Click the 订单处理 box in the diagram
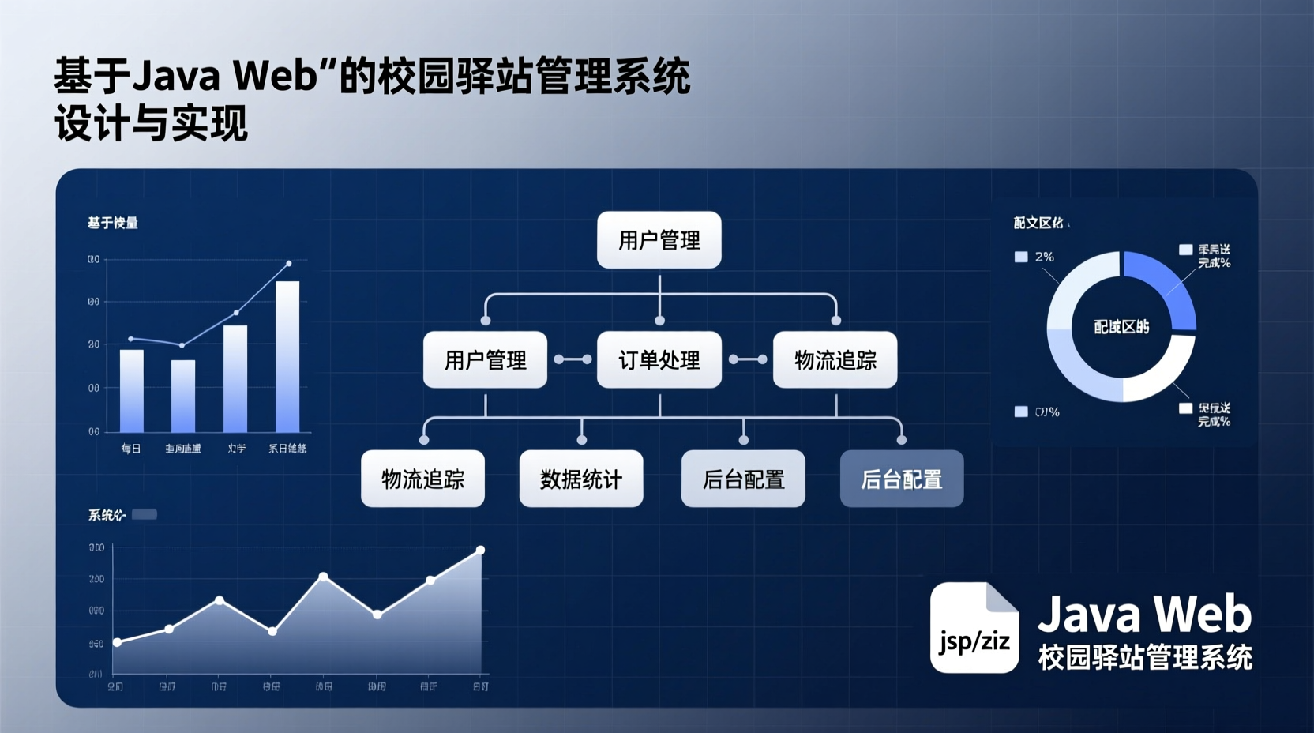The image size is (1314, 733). click(659, 360)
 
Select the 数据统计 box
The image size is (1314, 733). click(580, 479)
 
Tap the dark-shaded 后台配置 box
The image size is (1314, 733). click(901, 479)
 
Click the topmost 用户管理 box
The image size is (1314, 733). click(659, 240)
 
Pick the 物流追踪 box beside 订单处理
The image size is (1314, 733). click(835, 360)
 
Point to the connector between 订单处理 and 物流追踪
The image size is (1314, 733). click(747, 359)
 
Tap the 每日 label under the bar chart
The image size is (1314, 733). click(131, 449)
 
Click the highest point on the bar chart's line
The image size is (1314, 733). click(288, 264)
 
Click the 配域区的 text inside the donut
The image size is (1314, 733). click(1121, 327)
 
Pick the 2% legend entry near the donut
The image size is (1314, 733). click(1035, 257)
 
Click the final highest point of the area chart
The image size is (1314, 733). click(480, 550)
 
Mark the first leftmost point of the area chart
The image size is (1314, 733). click(118, 642)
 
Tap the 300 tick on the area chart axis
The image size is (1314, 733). click(96, 547)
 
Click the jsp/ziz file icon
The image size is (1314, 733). click(974, 628)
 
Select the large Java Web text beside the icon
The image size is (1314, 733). click(1144, 615)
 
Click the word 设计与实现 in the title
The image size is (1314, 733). click(151, 124)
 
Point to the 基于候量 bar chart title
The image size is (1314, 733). click(113, 224)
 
